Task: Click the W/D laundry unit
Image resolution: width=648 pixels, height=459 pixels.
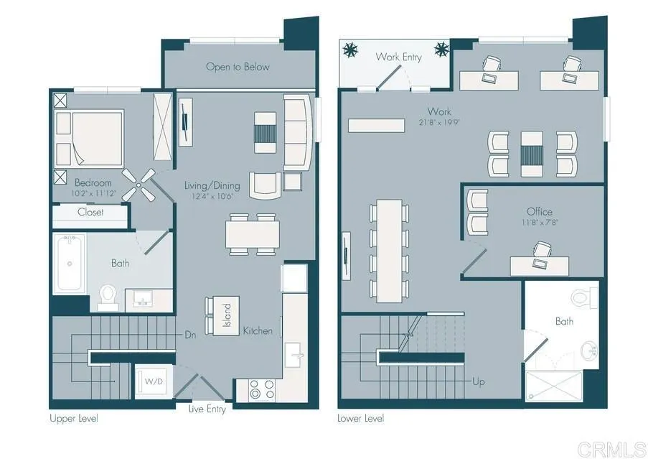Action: pos(154,381)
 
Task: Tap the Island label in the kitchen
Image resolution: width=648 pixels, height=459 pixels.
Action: pos(227,315)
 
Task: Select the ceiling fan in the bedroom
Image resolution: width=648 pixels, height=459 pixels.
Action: pos(139,185)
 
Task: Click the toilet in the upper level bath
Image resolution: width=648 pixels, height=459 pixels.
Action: pos(108,297)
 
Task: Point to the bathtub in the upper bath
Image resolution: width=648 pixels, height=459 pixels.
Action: pos(70,264)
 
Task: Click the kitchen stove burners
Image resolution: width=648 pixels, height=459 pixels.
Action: pos(262,389)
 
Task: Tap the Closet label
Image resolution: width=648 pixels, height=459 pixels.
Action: pos(90,212)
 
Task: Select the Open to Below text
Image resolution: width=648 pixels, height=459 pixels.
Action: pos(238,67)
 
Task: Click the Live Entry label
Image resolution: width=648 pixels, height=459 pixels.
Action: pos(207,409)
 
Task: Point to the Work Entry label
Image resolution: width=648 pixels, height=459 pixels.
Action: pos(399,57)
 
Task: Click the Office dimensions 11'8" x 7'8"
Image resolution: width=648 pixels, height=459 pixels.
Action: pos(540,222)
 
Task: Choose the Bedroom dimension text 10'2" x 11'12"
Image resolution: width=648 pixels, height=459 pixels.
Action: pos(93,193)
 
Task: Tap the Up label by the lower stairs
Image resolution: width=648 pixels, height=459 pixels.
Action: pos(479,381)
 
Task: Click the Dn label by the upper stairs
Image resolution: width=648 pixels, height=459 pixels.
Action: pos(190,335)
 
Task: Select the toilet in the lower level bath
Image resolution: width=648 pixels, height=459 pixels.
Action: pos(584,297)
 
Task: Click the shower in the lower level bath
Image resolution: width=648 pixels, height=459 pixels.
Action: pos(554,386)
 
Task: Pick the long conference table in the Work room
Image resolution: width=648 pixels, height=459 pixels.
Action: pos(390,251)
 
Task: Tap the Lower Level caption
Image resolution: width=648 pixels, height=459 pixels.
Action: pos(361,419)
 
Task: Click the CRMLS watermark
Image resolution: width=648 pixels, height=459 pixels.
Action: pos(611,449)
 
